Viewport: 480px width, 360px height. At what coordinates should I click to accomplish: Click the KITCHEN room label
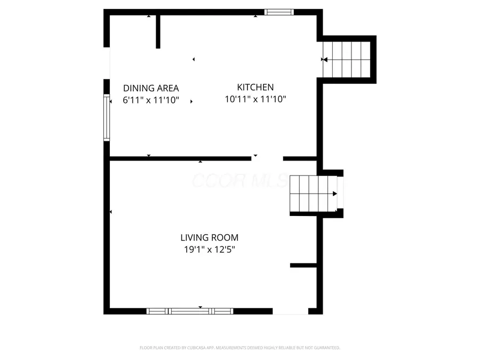coord(255,87)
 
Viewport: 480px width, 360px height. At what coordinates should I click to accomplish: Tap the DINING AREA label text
coord(151,89)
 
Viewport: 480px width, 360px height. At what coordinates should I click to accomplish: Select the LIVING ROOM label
coord(209,238)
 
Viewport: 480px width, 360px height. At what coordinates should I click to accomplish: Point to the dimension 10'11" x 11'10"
coord(255,99)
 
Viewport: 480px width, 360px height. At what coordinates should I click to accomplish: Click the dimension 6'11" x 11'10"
coord(151,100)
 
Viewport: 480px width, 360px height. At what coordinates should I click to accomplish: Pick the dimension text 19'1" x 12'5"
coord(209,249)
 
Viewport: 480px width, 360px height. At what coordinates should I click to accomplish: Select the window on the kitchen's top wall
coord(279,12)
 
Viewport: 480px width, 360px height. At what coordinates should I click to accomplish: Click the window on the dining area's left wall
coord(107,117)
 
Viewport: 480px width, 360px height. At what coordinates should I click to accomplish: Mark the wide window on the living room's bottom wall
coord(190,311)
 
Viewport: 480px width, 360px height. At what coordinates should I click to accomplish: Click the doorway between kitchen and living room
coord(267,158)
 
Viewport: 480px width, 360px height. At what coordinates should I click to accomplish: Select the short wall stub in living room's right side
coord(303,265)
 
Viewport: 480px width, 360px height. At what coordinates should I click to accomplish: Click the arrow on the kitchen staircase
coord(324,60)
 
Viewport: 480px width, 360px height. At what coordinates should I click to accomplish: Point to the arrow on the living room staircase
coord(334,194)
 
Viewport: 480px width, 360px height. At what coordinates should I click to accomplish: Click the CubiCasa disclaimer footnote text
coord(239,348)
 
